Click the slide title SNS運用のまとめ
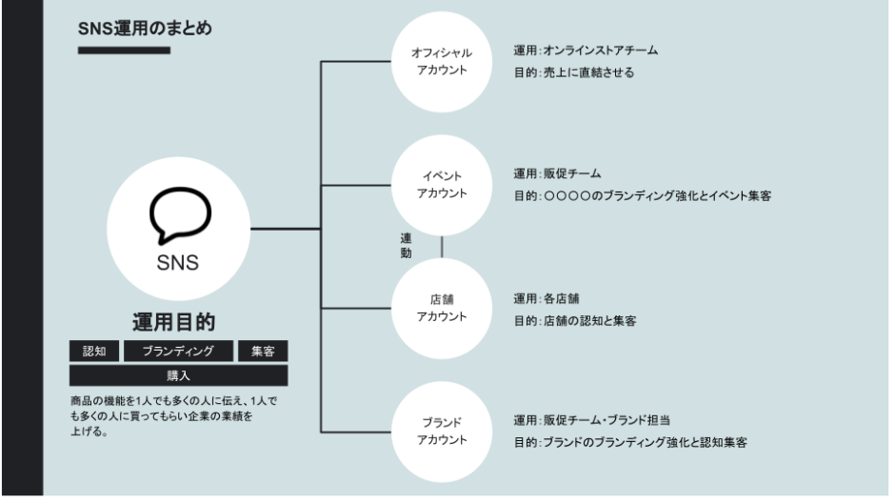(145, 30)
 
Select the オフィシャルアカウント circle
(442, 62)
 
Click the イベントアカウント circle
(442, 185)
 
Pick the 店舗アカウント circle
(442, 308)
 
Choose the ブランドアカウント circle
(442, 431)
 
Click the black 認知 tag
(94, 351)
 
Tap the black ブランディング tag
(178, 351)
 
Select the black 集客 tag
(263, 351)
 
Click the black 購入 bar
(178, 375)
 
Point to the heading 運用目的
(179, 321)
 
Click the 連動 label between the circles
(406, 246)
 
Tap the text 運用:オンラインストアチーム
(586, 50)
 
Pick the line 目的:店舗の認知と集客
(575, 321)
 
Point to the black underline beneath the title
(124, 50)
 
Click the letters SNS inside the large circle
(178, 263)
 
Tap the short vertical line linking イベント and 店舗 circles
(442, 246)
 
